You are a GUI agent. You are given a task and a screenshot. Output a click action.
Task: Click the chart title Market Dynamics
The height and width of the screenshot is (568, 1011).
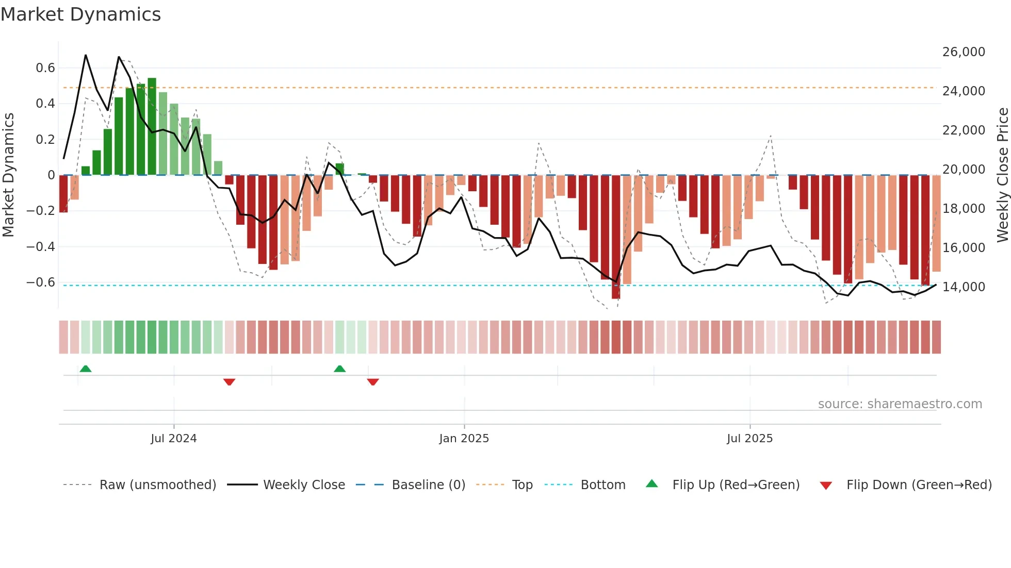pyautogui.click(x=80, y=14)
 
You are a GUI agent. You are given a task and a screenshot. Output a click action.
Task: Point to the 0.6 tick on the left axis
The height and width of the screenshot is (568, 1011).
pyautogui.click(x=45, y=68)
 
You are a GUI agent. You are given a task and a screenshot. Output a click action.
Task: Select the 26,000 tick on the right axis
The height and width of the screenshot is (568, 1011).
pyautogui.click(x=964, y=52)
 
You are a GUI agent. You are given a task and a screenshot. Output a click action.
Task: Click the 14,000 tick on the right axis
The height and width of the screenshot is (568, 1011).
pyautogui.click(x=964, y=287)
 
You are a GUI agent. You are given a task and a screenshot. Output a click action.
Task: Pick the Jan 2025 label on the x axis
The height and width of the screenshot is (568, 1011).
pyautogui.click(x=464, y=439)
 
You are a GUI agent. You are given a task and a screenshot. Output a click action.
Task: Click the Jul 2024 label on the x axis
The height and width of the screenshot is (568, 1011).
pyautogui.click(x=174, y=439)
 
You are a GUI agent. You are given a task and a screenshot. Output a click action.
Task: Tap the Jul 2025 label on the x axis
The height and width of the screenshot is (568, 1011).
pyautogui.click(x=749, y=439)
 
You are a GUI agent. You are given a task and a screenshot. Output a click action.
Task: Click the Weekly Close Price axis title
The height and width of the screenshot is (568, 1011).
pyautogui.click(x=1002, y=175)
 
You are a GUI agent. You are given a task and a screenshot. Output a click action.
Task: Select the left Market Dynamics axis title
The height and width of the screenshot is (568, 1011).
pyautogui.click(x=8, y=175)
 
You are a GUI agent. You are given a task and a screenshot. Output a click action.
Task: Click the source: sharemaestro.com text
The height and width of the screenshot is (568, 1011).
pyautogui.click(x=900, y=404)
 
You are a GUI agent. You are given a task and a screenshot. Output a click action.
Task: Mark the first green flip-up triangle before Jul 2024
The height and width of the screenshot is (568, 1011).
pyautogui.click(x=86, y=369)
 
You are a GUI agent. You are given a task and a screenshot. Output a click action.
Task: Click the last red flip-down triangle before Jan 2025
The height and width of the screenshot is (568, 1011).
pyautogui.click(x=373, y=382)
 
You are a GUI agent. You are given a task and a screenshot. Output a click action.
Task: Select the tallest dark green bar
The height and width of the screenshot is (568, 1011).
pyautogui.click(x=152, y=126)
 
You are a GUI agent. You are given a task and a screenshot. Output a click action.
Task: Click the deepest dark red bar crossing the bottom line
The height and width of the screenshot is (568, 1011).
pyautogui.click(x=616, y=237)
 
